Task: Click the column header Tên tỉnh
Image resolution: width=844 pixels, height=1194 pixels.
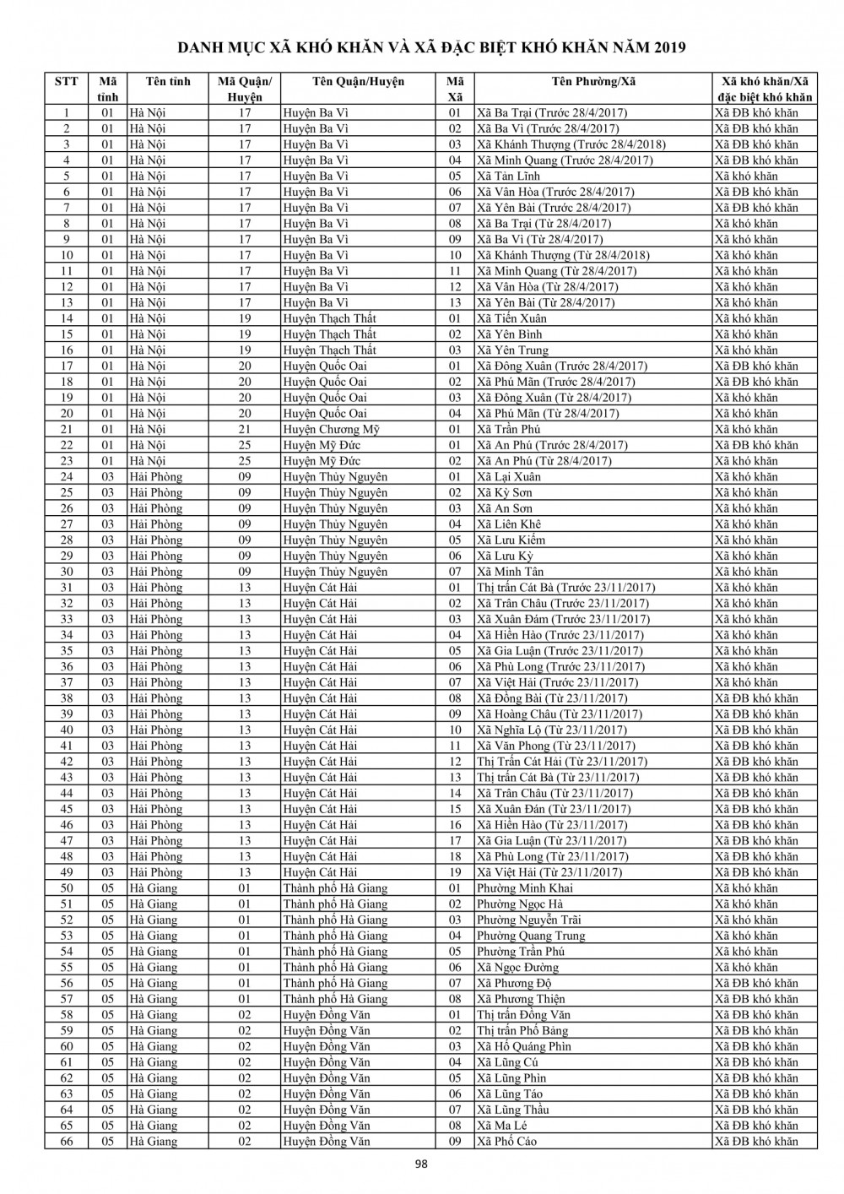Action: pos(168,82)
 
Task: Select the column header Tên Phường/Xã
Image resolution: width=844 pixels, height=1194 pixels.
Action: pos(592,82)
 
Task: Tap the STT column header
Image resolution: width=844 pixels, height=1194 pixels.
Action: pos(66,82)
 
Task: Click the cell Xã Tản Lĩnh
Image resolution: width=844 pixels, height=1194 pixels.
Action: pos(508,176)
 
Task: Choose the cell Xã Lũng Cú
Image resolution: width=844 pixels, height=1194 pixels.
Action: pos(507,1062)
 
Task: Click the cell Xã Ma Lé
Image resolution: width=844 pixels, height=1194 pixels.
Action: pos(502,1126)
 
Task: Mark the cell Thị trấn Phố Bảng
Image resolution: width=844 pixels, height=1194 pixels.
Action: pos(522,1031)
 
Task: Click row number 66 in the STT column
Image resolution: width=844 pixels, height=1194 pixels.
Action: pos(67,1142)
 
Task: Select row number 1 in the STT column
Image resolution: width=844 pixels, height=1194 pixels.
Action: pos(67,113)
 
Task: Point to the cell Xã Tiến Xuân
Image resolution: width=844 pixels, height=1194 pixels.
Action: pos(511,319)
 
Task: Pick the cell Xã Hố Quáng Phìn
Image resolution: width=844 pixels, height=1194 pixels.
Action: pos(524,1046)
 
